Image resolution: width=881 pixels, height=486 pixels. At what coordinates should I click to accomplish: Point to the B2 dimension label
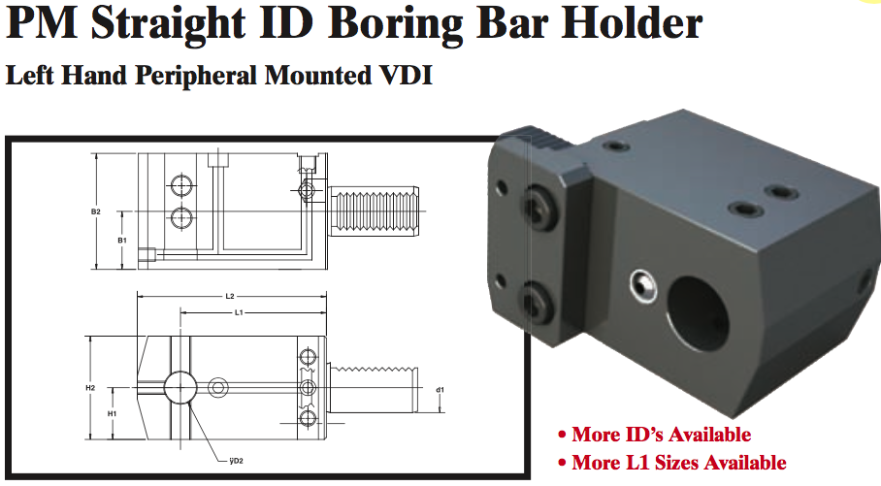click(x=95, y=211)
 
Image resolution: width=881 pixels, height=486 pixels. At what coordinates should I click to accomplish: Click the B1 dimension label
click(x=121, y=240)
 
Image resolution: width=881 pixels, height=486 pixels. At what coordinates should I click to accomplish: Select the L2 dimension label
click(x=229, y=295)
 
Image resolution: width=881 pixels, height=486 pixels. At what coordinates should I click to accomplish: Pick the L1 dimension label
click(x=239, y=312)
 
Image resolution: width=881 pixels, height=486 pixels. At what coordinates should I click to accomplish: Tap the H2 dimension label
click(x=89, y=387)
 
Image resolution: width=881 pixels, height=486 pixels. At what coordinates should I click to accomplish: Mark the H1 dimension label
click(x=113, y=414)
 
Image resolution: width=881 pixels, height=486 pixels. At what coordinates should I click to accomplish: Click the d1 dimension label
click(x=440, y=390)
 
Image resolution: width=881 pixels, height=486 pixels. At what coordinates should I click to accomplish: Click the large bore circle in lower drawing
click(x=179, y=388)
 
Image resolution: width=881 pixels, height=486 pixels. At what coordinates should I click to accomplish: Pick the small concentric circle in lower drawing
click(x=218, y=388)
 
